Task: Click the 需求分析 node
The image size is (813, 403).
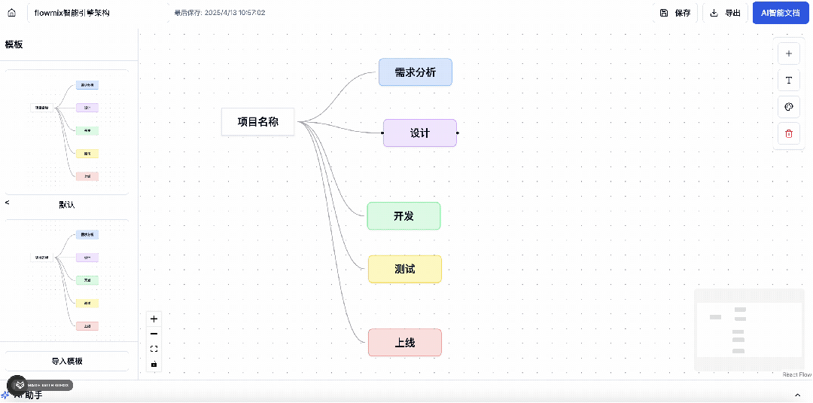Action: coord(415,72)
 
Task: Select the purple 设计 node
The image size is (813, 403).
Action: coord(419,133)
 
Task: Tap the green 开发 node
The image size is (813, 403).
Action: coord(403,216)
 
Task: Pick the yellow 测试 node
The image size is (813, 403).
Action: coord(404,269)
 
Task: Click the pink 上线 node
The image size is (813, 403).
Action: coord(404,343)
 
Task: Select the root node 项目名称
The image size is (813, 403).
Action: coord(257,121)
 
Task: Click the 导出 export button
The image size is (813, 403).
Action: coord(725,13)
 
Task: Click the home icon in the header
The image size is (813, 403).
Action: coord(11,13)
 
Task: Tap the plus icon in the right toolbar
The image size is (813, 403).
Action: coord(788,53)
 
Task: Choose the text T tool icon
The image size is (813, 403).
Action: coord(788,81)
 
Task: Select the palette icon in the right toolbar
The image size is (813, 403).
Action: coord(788,107)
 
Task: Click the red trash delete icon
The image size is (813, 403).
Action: coord(788,133)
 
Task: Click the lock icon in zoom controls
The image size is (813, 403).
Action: coord(154,364)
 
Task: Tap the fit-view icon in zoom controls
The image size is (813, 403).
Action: coord(154,349)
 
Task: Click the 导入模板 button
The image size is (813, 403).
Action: coord(67,361)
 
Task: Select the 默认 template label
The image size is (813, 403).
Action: coord(67,204)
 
